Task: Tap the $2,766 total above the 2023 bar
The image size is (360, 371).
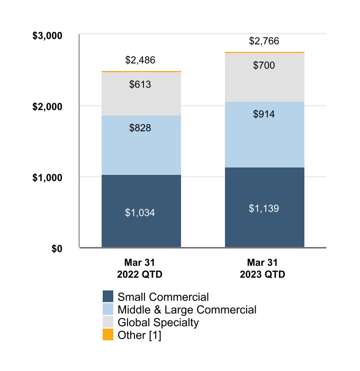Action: click(x=264, y=41)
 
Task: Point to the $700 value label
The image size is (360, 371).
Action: click(x=264, y=66)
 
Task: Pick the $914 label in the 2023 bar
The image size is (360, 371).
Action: click(x=264, y=114)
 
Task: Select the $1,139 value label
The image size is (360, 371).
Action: click(x=264, y=208)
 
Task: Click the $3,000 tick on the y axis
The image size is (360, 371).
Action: click(x=48, y=36)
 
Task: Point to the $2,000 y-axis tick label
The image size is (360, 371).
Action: click(x=48, y=107)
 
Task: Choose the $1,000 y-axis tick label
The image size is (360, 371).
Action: click(x=48, y=177)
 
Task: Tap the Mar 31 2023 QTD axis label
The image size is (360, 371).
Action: click(x=264, y=269)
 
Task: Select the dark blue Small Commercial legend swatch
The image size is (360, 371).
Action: click(x=108, y=297)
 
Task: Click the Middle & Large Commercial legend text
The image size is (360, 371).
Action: click(x=187, y=310)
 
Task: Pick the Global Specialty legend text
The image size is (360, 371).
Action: click(x=158, y=323)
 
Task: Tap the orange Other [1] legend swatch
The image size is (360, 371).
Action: click(x=108, y=335)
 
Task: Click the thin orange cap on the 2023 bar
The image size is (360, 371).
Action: click(x=265, y=52)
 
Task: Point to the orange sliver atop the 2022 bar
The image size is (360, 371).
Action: click(x=141, y=72)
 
